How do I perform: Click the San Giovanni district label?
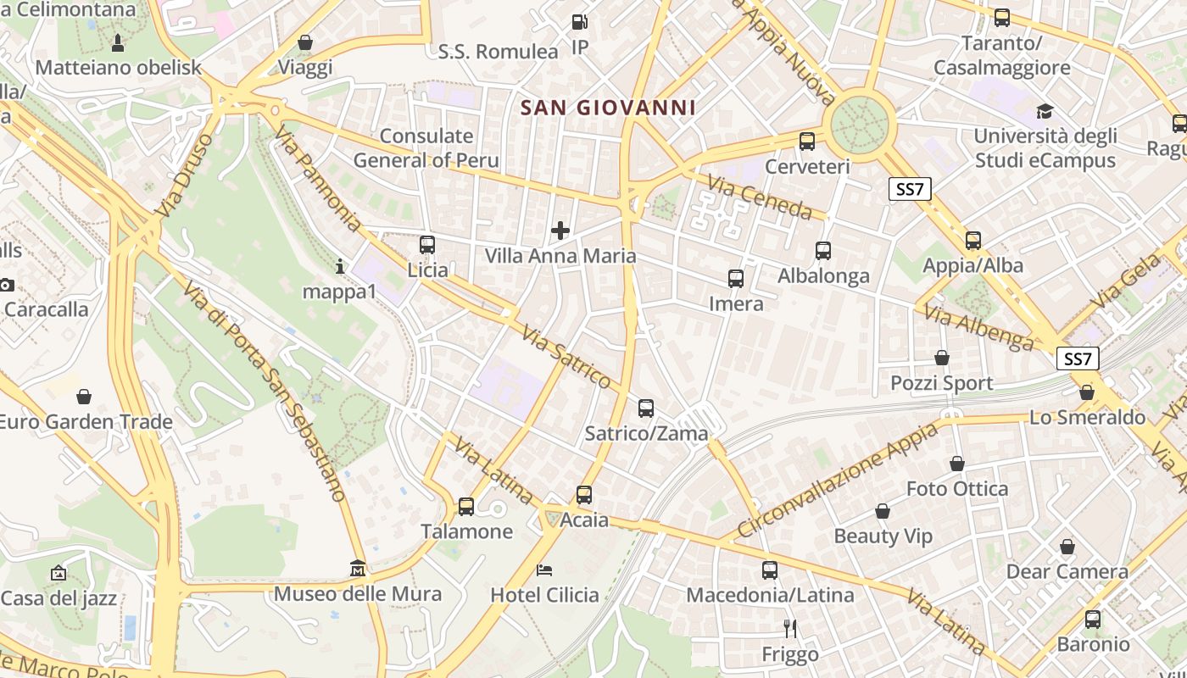click(608, 108)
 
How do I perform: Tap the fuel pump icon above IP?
click(580, 22)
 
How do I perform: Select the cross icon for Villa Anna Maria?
click(560, 230)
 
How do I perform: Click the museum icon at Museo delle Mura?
click(358, 568)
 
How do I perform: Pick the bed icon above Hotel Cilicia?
click(544, 570)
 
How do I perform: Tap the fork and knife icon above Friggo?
click(790, 628)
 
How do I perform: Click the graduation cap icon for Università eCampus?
click(1045, 111)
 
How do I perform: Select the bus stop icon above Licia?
click(427, 245)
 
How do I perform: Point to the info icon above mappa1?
click(340, 267)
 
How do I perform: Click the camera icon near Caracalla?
click(5, 284)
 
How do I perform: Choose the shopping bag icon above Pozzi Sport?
click(942, 358)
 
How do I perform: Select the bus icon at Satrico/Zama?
click(646, 408)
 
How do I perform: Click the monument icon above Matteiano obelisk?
click(118, 42)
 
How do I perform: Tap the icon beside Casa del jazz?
click(58, 574)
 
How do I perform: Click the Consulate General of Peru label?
click(426, 147)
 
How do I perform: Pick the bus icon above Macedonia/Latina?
click(770, 570)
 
